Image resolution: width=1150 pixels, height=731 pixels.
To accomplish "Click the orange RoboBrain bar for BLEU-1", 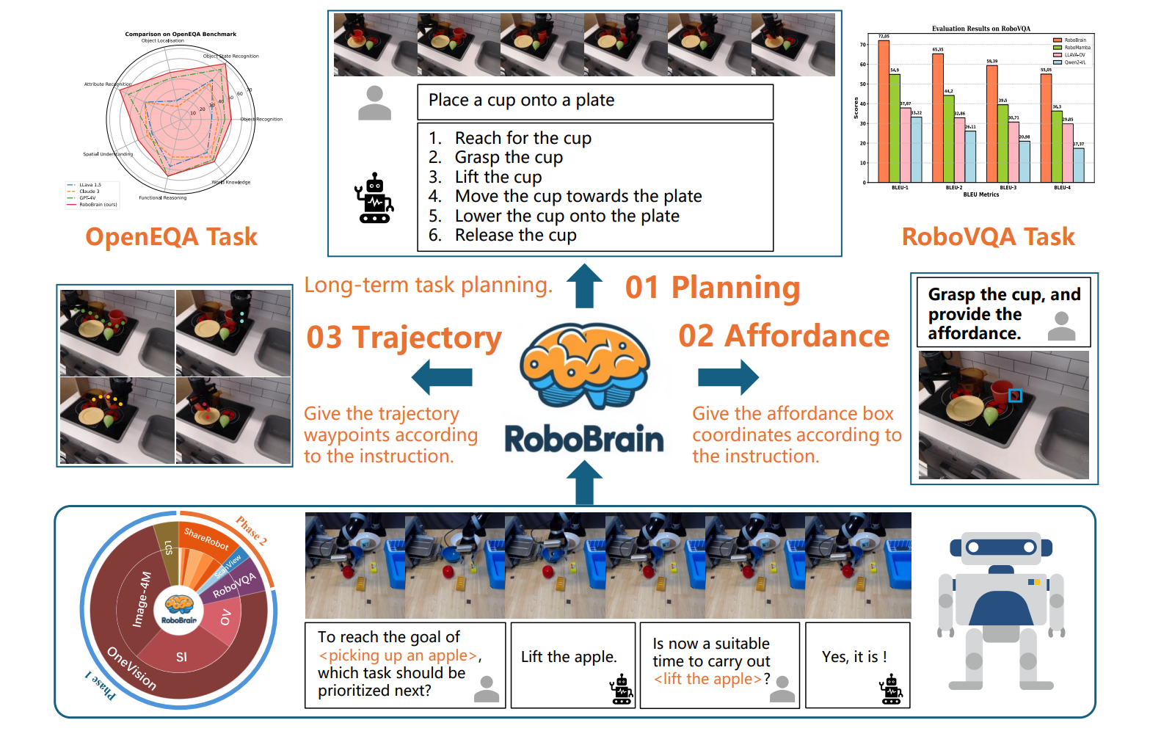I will (x=884, y=110).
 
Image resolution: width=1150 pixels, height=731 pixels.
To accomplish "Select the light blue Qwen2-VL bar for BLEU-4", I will (x=1078, y=165).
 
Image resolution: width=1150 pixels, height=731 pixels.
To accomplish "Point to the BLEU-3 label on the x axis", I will (x=1008, y=188).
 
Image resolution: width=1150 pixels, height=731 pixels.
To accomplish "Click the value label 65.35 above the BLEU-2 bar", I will (x=938, y=50).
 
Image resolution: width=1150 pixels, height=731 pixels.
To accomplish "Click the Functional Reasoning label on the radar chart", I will (x=163, y=197).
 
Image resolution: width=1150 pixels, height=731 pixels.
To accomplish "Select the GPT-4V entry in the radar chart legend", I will (x=87, y=198).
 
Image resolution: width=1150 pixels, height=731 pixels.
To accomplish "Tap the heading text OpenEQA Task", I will (x=171, y=237).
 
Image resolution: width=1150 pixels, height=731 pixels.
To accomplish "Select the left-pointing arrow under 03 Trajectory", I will (x=442, y=377).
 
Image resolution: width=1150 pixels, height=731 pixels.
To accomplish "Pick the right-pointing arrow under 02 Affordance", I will (x=728, y=377).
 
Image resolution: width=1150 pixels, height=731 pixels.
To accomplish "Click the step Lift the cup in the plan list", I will (x=498, y=177).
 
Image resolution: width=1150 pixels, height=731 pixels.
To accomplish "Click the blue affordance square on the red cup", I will (x=1015, y=396).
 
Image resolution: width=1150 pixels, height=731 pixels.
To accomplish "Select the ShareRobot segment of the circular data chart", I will (x=207, y=539).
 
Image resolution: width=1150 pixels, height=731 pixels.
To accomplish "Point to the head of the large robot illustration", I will (x=1001, y=548).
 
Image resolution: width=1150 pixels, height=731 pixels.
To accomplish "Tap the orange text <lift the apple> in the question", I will (x=707, y=679).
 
